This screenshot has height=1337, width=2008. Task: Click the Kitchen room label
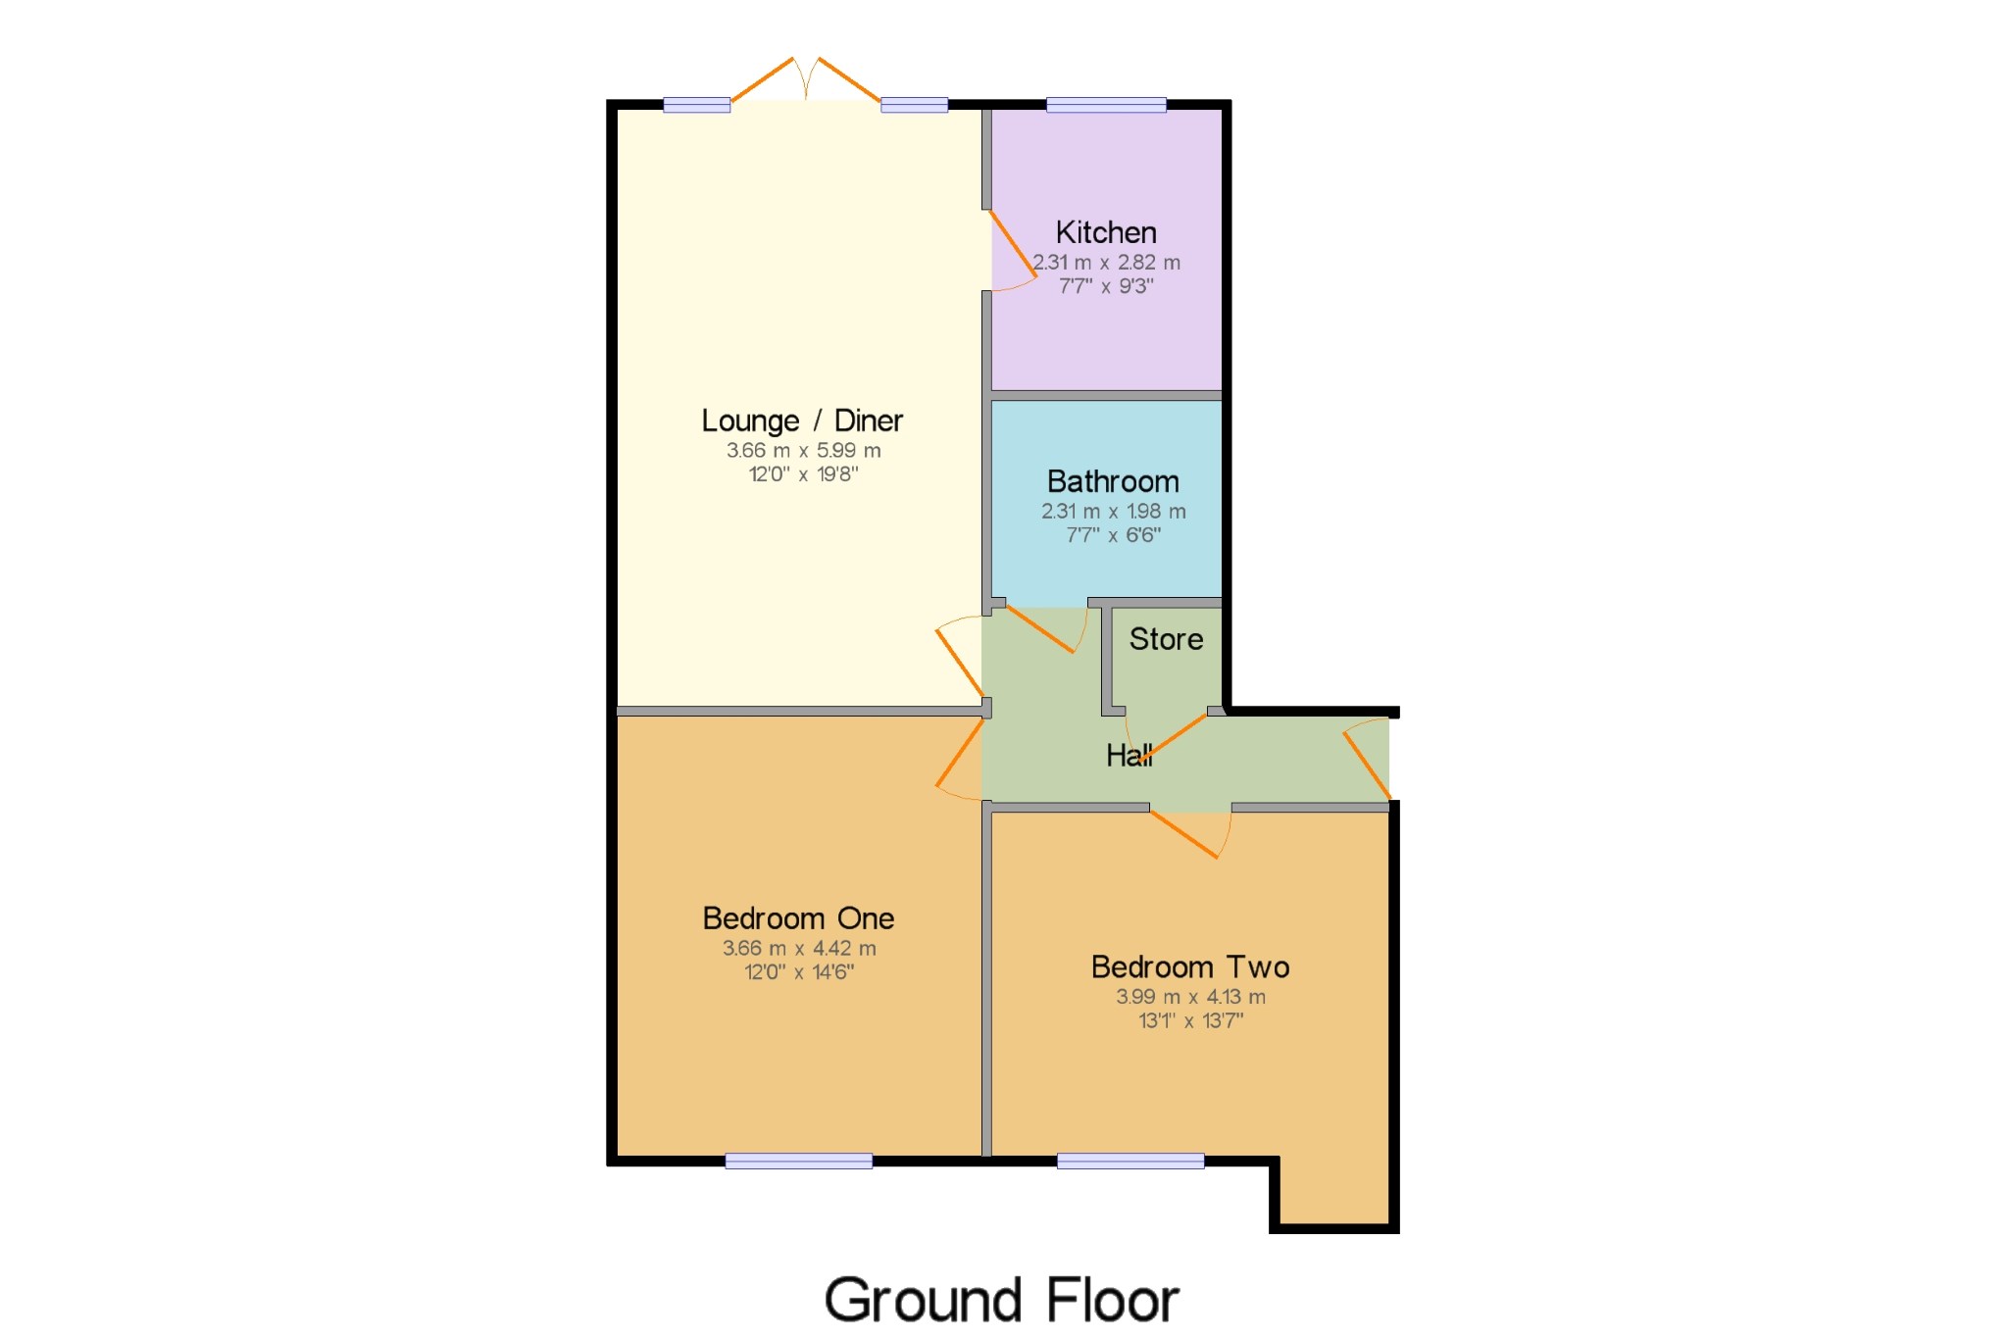tap(1106, 232)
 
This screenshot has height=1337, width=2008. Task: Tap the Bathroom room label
tap(1113, 481)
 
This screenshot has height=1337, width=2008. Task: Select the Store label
tap(1166, 639)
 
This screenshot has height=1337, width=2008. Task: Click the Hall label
tap(1129, 755)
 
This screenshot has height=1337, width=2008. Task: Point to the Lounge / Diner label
tap(802, 421)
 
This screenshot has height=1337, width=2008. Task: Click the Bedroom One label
tap(798, 918)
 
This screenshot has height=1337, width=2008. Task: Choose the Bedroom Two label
tap(1190, 967)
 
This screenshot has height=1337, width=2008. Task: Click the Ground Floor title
tap(1001, 1300)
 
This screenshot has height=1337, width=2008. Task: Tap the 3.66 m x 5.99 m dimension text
tap(803, 451)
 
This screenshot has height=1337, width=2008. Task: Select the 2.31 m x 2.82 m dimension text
tap(1106, 263)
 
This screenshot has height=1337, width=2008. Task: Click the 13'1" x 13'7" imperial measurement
tap(1190, 1020)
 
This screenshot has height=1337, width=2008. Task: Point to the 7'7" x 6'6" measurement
tap(1113, 535)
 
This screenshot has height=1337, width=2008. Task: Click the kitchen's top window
tap(1106, 105)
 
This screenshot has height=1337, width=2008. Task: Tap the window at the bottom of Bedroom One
tap(798, 1162)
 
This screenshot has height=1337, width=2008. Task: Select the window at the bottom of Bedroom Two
tap(1130, 1162)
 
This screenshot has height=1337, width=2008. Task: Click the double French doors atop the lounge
tap(805, 80)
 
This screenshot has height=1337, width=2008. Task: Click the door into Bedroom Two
tap(1186, 833)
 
